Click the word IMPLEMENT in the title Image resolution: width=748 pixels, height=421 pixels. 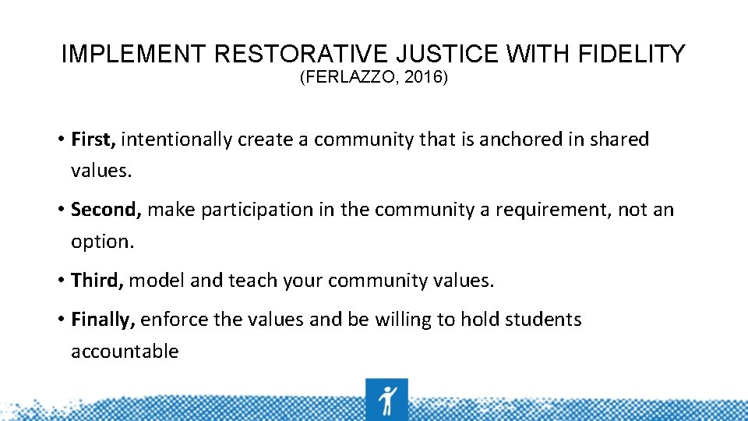[133, 55]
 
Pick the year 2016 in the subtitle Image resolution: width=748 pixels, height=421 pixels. [425, 79]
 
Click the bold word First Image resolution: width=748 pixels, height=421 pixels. [93, 140]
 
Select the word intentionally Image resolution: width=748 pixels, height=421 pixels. [177, 140]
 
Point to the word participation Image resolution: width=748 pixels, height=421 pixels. [251, 210]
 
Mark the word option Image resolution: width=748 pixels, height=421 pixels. [102, 242]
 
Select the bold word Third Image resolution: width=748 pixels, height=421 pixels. [97, 281]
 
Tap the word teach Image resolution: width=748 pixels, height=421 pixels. [249, 281]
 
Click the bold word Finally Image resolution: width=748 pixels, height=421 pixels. [104, 320]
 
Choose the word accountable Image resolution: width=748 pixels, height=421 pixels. [125, 352]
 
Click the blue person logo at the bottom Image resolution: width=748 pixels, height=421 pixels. [386, 399]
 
